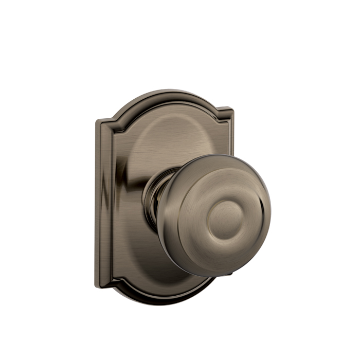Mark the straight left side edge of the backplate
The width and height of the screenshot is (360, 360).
point(98,206)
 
